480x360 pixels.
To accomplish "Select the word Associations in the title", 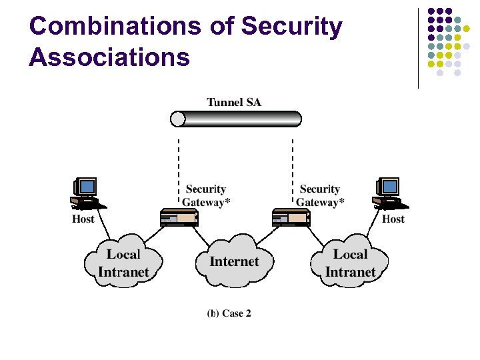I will point(109,57).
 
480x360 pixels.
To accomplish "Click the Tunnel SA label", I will point(234,102).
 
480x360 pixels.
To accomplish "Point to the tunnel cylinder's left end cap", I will point(177,119).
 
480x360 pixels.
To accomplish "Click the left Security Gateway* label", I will point(206,196).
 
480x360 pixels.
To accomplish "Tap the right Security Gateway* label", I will point(320,196).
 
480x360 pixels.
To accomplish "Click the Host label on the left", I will point(83,219).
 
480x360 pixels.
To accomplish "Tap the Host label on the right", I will point(393,219).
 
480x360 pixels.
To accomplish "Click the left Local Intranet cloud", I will point(123,263).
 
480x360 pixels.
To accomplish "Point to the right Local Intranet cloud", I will point(350,263).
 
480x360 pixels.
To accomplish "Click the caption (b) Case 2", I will point(229,313).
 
